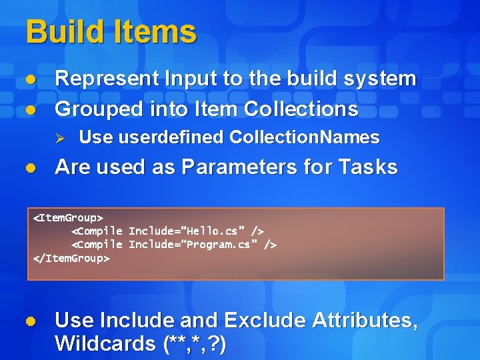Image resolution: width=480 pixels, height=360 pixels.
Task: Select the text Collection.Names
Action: [x=304, y=138]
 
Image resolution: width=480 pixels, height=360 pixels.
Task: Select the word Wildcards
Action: [x=106, y=344]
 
